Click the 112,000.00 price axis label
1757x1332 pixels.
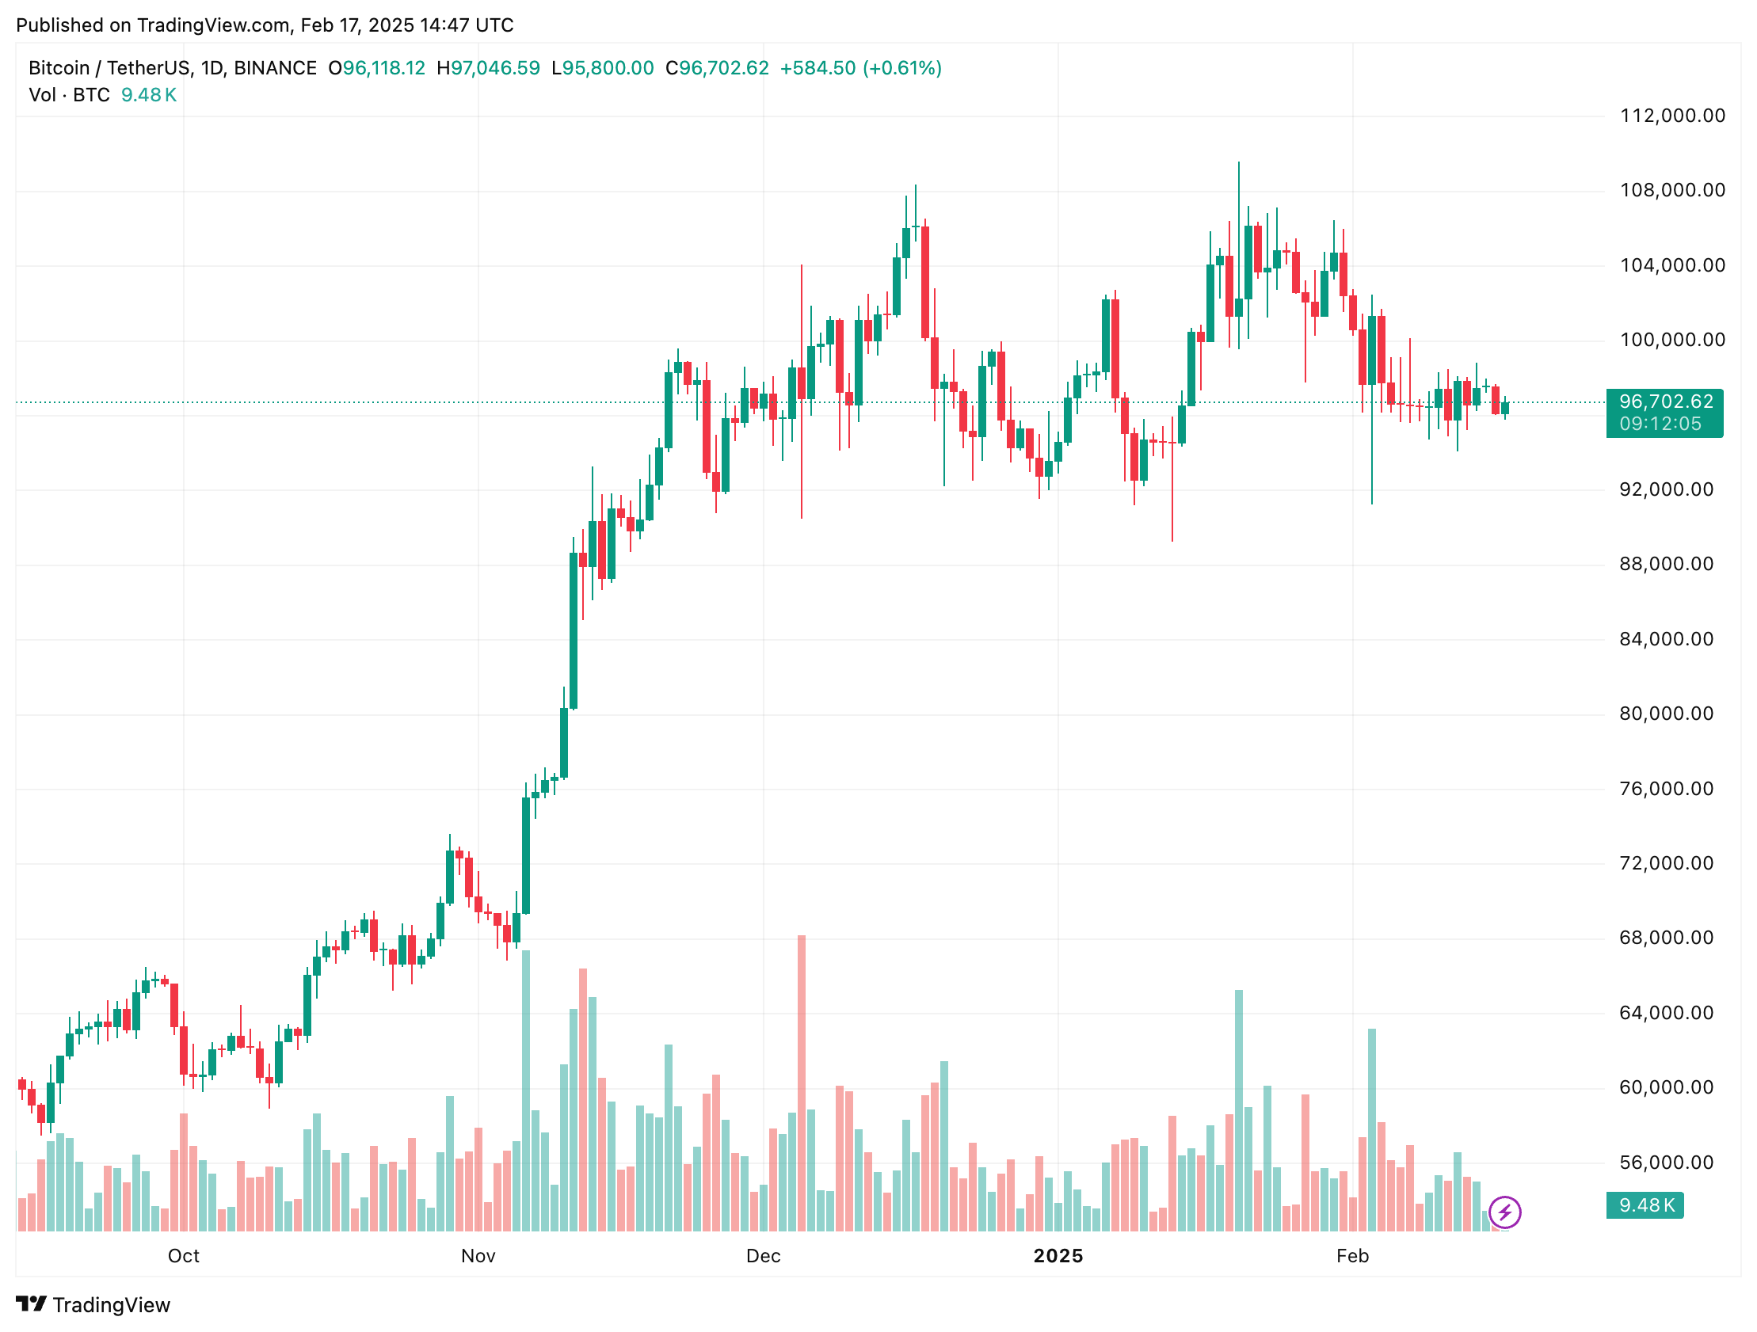pyautogui.click(x=1672, y=116)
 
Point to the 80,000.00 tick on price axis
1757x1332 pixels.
pyautogui.click(x=1667, y=714)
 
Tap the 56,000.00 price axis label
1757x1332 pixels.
pyautogui.click(x=1667, y=1163)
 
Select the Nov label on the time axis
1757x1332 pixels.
pyautogui.click(x=478, y=1257)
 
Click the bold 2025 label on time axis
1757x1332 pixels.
pyautogui.click(x=1058, y=1257)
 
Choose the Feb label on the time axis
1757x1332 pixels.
pyautogui.click(x=1353, y=1257)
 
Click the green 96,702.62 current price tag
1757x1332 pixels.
pyautogui.click(x=1665, y=413)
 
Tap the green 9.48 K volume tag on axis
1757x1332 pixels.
pyautogui.click(x=1645, y=1206)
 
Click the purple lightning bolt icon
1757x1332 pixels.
pyautogui.click(x=1504, y=1213)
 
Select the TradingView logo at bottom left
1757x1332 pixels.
pyautogui.click(x=93, y=1305)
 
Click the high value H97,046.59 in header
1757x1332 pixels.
pyautogui.click(x=488, y=68)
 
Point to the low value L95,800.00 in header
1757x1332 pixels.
pyautogui.click(x=602, y=68)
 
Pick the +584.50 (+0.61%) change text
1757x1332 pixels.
pyautogui.click(x=860, y=68)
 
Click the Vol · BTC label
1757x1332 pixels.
pyautogui.click(x=69, y=95)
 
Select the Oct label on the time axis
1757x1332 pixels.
pyautogui.click(x=184, y=1257)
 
